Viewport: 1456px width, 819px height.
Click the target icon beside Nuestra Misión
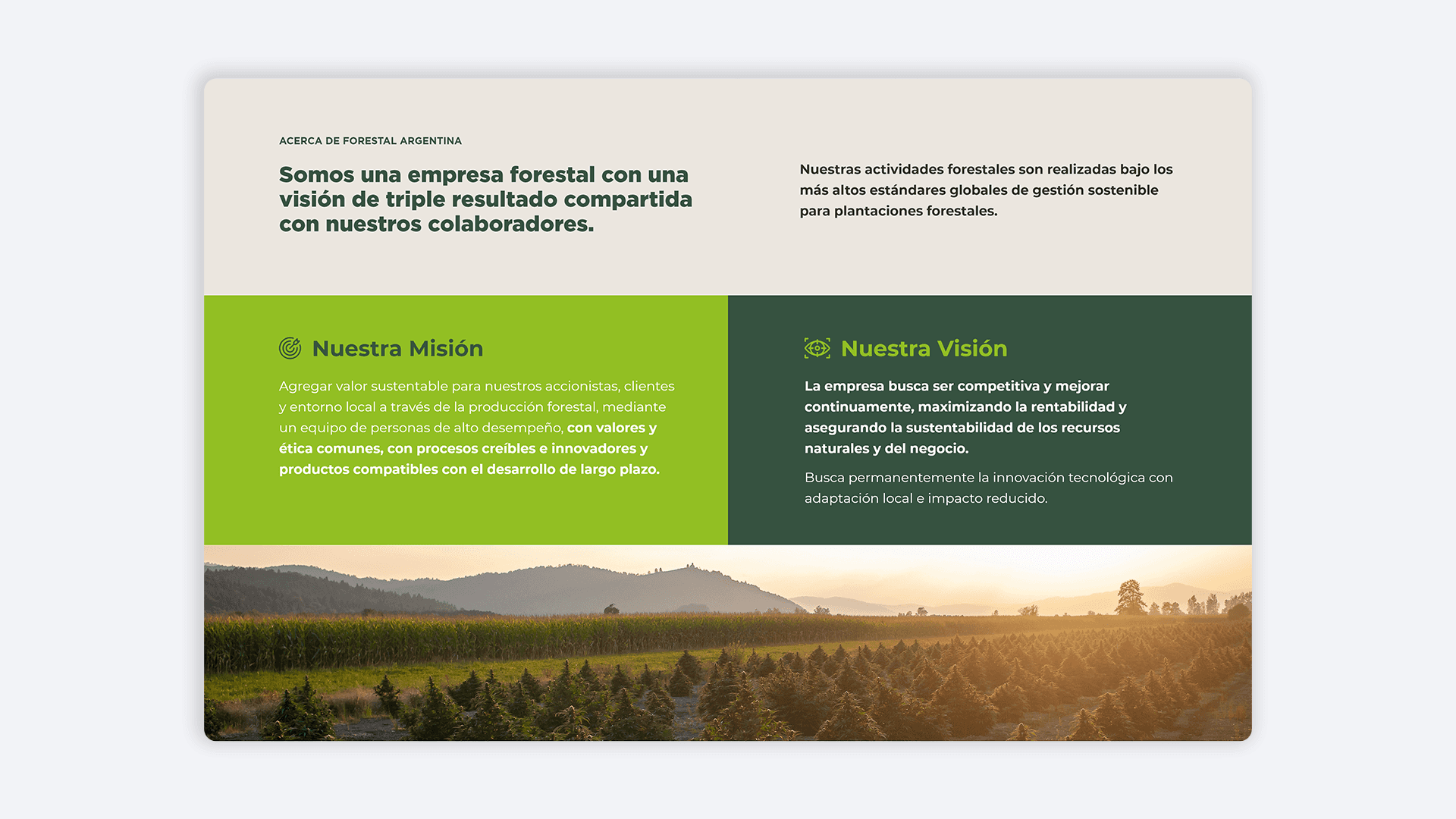point(290,348)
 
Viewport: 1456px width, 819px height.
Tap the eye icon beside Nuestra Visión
point(817,348)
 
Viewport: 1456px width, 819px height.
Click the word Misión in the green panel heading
point(447,349)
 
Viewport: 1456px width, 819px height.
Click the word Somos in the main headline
point(316,175)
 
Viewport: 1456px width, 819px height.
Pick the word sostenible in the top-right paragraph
point(1123,190)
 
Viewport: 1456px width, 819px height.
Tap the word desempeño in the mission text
point(524,428)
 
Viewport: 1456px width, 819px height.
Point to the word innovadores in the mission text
point(594,449)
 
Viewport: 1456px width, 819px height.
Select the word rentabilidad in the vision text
point(1072,407)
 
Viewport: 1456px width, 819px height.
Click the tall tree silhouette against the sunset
point(1130,597)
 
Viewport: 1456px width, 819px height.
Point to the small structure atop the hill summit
point(691,566)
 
